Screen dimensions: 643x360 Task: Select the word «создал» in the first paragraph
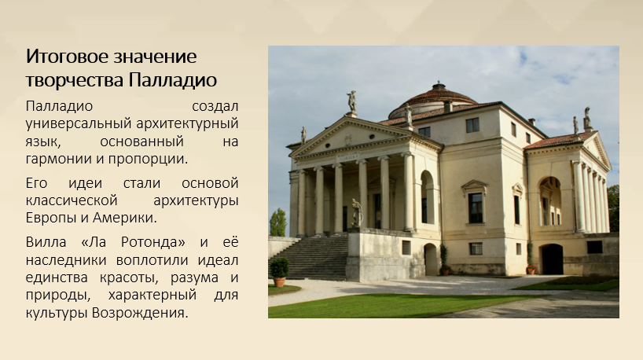pos(215,106)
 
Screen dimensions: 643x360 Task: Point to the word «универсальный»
pos(79,124)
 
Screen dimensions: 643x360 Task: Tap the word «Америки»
pos(125,218)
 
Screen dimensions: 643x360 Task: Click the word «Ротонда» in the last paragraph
pos(153,242)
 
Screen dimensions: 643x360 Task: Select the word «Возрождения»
pos(140,313)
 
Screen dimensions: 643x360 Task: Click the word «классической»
pos(72,201)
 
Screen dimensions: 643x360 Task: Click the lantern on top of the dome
pos(439,86)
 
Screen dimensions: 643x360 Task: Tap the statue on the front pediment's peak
pos(351,103)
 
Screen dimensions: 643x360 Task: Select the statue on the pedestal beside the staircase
pos(357,213)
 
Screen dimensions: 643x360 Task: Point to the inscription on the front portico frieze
pos(348,156)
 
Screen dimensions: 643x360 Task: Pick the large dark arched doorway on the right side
pos(552,259)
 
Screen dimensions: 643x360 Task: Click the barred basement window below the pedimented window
pos(476,248)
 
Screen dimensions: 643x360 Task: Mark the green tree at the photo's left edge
pos(277,222)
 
